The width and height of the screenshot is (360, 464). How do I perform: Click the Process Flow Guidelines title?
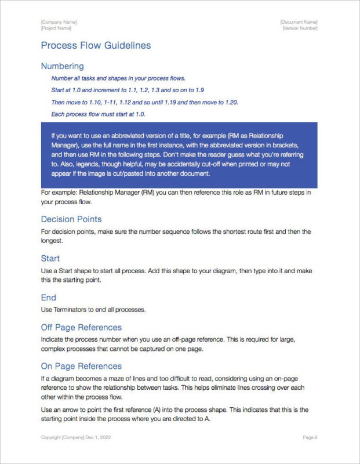(x=96, y=45)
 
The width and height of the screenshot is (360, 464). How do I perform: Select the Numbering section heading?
(x=62, y=66)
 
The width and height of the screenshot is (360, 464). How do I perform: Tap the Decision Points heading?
(x=71, y=219)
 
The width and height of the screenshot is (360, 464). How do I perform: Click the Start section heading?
(x=50, y=258)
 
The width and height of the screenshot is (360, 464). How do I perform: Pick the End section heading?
(x=48, y=298)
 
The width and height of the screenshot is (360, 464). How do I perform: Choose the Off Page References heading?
(x=81, y=327)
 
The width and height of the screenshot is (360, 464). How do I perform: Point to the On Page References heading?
(x=81, y=366)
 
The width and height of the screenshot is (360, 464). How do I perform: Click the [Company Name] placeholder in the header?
(x=59, y=22)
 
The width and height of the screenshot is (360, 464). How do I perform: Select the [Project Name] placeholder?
(x=56, y=28)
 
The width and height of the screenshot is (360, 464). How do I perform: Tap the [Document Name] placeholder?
(x=299, y=22)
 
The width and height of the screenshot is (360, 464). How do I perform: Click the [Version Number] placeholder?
(x=300, y=28)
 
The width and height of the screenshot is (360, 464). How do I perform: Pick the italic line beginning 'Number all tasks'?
(x=118, y=78)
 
